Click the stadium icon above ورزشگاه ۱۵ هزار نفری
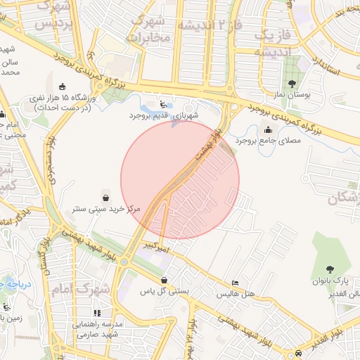[x=62, y=86]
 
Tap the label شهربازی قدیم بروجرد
[x=164, y=115]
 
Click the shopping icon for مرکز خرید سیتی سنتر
[x=105, y=196]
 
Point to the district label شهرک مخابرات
[x=149, y=28]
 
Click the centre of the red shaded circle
[x=180, y=180]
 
